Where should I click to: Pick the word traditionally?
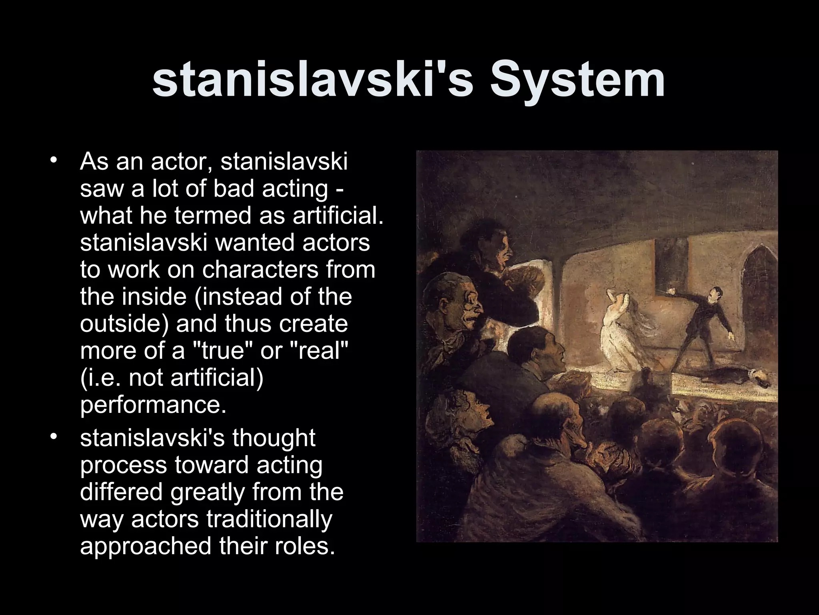click(270, 520)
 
